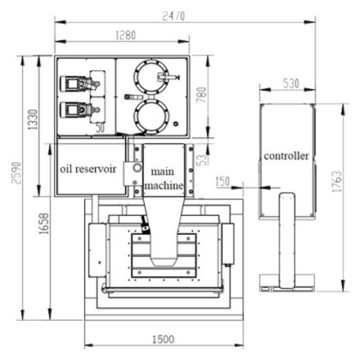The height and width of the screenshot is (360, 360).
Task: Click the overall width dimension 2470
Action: coord(173,16)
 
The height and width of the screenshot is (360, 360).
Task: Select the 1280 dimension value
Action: coord(126,35)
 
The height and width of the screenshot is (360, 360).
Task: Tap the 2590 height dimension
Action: coord(16,173)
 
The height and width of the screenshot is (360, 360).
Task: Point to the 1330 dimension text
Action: coord(33,120)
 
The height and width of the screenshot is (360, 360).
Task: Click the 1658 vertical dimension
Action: coord(45,224)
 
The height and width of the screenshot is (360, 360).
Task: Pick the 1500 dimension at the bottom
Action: coord(163,339)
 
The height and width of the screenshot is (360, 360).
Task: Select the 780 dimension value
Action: coord(201,95)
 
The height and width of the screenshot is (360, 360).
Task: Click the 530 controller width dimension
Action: coord(291,83)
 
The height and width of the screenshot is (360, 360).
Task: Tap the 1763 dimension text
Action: coord(337,182)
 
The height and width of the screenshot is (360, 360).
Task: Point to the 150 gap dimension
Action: coord(223,182)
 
